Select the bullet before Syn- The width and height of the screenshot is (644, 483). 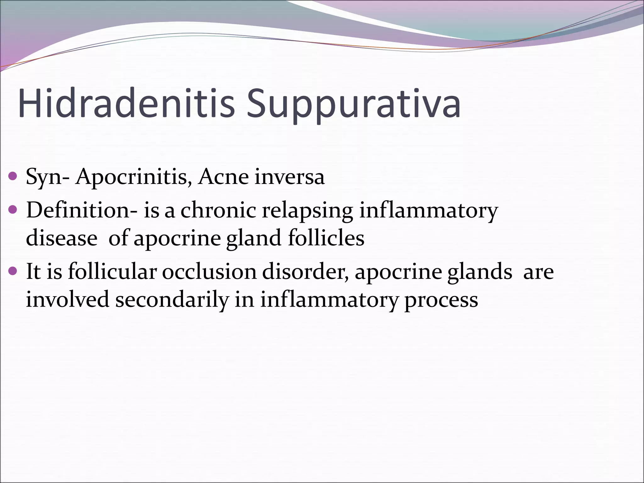13,176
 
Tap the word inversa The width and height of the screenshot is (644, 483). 290,177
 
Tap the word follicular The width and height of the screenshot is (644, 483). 112,271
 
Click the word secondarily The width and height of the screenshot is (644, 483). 171,300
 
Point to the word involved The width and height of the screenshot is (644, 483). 67,299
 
